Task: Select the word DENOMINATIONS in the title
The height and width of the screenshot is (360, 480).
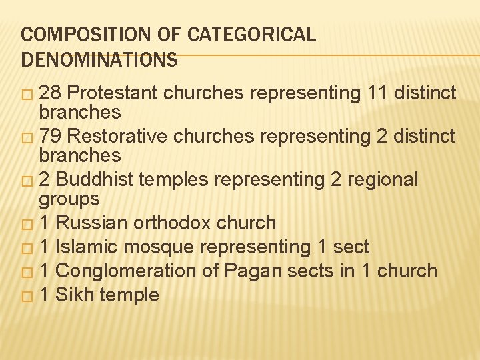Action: tap(99, 61)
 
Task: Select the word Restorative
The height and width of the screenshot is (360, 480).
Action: tap(115, 137)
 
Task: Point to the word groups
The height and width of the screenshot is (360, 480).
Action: tap(69, 199)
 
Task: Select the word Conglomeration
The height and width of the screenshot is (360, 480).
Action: tap(129, 271)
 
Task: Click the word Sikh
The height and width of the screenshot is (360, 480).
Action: tap(74, 295)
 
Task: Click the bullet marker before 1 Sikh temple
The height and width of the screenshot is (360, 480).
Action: tap(27, 295)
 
